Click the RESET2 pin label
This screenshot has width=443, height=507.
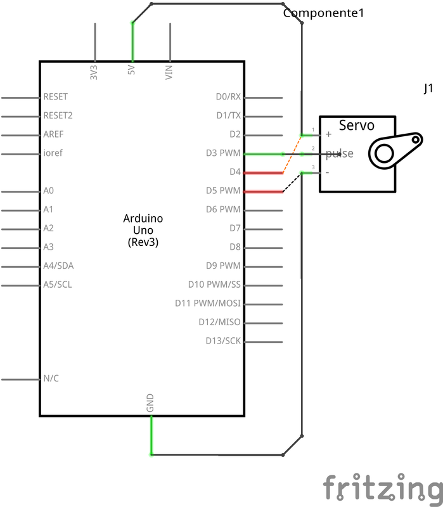[x=58, y=115]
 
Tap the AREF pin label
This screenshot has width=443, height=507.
[x=53, y=134]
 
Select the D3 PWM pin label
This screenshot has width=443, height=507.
[x=223, y=153]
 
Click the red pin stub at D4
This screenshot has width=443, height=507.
[x=263, y=173]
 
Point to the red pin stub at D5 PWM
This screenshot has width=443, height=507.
[x=263, y=192]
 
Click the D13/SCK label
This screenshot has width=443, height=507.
[x=223, y=341]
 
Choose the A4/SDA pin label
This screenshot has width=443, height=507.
[x=58, y=266]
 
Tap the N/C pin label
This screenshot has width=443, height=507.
[x=51, y=378]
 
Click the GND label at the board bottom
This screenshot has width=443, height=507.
[x=150, y=403]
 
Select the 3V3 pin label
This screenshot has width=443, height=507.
[x=93, y=72]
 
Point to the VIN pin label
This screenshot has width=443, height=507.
[x=169, y=72]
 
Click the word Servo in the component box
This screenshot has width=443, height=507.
[x=357, y=125]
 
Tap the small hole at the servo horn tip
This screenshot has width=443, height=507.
[x=416, y=139]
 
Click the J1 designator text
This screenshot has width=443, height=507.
[x=428, y=88]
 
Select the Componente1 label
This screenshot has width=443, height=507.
[x=323, y=13]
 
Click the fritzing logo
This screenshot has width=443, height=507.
[x=383, y=487]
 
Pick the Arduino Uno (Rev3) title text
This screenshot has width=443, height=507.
[x=143, y=230]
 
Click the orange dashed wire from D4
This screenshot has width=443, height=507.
[x=292, y=154]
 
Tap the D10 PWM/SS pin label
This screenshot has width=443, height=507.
[x=214, y=285]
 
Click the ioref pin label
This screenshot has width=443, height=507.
[x=53, y=153]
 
